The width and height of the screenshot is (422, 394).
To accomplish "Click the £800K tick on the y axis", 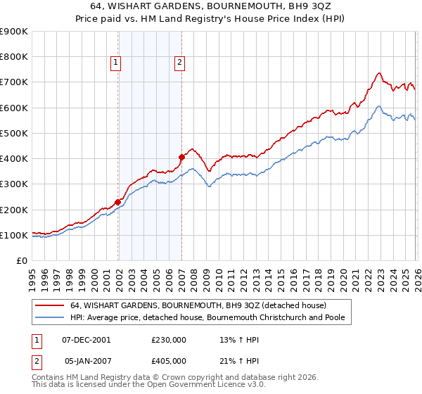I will pos(13,57).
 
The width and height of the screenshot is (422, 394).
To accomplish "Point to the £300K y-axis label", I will pos(13,184).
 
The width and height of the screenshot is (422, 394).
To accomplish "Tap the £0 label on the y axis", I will pos(22,261).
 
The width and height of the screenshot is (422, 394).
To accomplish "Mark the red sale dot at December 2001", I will pos(118,202).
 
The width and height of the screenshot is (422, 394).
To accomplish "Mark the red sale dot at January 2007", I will pos(181,157).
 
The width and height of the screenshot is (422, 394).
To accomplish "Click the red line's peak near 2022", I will pos(378,72).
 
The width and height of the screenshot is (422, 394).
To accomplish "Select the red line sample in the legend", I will pos(49,306).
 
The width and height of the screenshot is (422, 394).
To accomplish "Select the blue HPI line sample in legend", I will pos(49,318).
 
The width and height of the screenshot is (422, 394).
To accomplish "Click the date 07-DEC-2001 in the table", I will pos(87,339).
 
